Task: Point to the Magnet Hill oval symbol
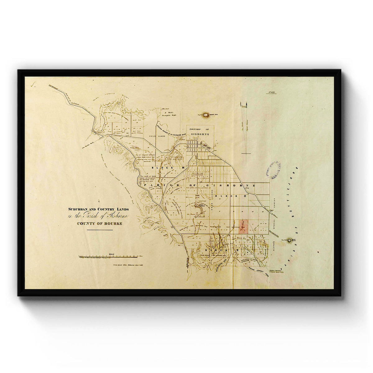[206, 115]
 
